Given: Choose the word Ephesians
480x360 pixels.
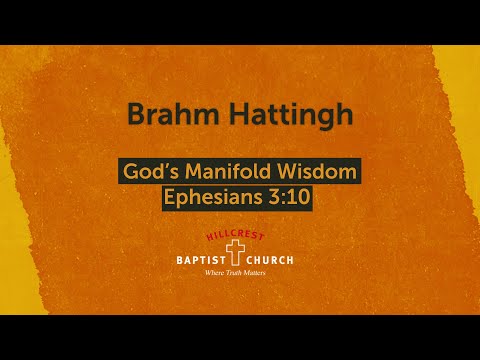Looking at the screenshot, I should click(208, 197).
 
